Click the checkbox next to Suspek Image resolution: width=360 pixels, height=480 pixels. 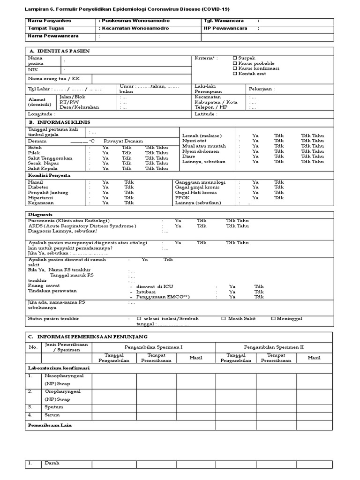coord(235,58)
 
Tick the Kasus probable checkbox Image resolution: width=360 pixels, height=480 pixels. coord(235,63)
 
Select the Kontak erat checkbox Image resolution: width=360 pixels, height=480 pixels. coord(235,74)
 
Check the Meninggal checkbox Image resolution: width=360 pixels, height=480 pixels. coord(273,318)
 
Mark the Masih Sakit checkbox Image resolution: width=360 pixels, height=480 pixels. coord(224,318)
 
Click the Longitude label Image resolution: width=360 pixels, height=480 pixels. coord(42,114)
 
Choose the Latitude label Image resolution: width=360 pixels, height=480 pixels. coord(206,114)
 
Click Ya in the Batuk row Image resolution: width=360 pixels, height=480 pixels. coord(105,147)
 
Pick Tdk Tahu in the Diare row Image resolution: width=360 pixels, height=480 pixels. coord(312,157)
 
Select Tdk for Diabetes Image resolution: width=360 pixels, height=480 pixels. coord(129,187)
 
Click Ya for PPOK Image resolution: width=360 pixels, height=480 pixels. coord(255,198)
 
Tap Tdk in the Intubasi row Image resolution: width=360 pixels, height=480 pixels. coord(259,292)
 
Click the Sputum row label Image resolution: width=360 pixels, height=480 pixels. coord(53,407)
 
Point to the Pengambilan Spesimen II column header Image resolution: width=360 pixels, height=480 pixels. coord(274,347)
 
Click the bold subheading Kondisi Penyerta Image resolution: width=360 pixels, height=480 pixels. coord(49,175)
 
